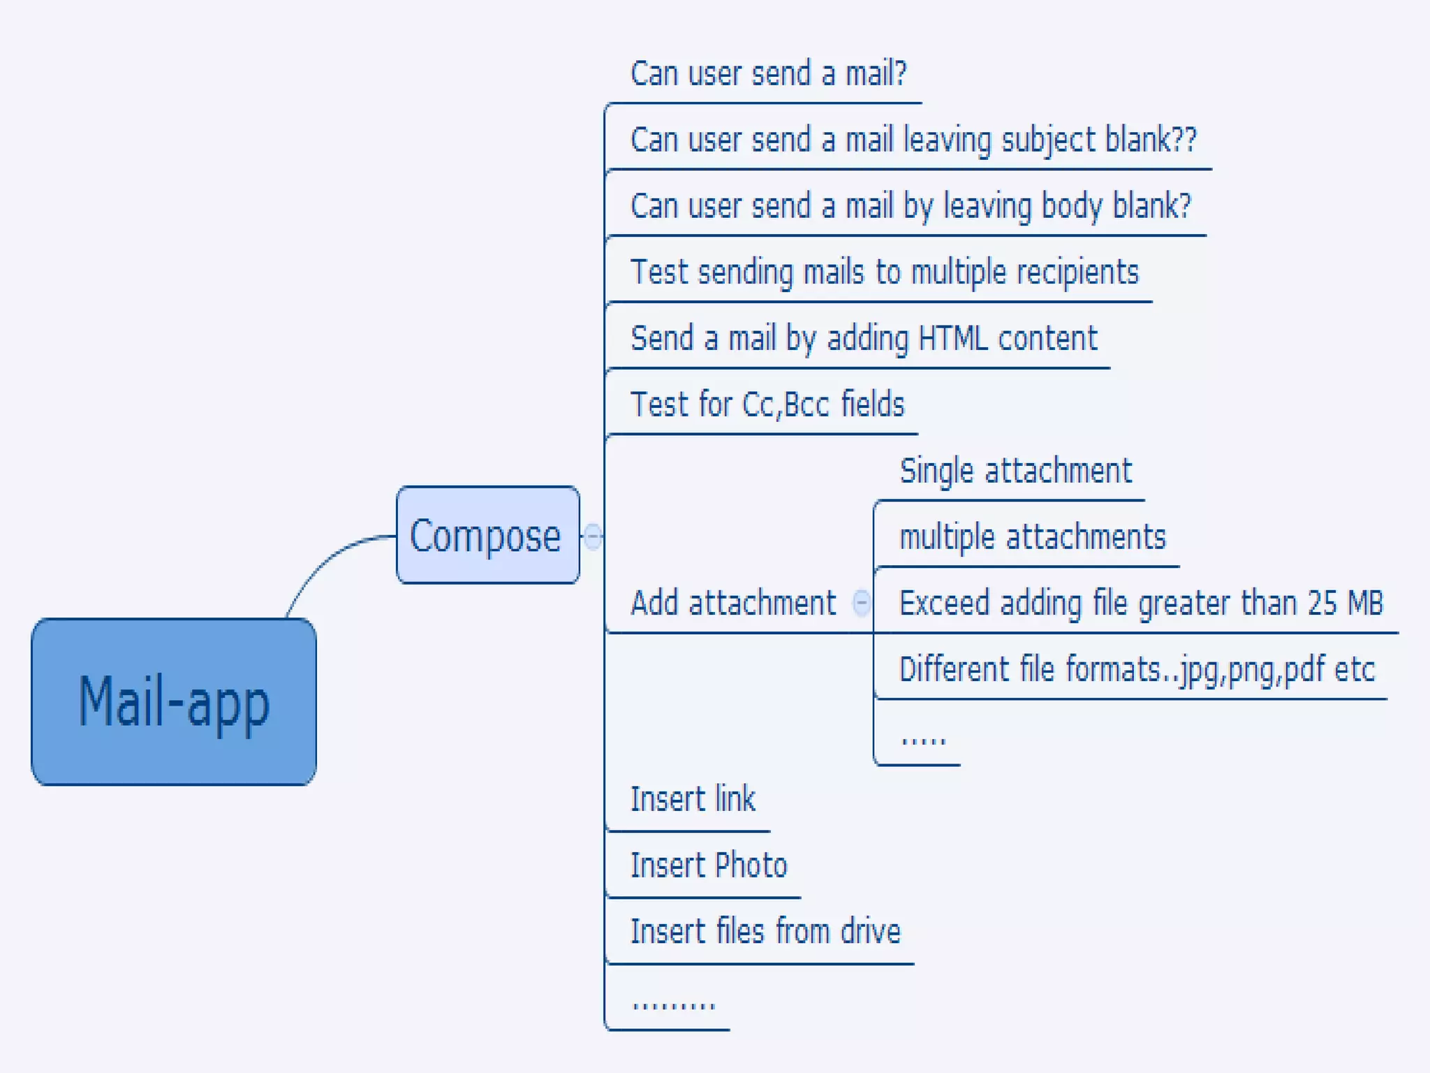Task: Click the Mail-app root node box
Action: (x=174, y=701)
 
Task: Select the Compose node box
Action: (x=487, y=535)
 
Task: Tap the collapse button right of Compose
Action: (x=593, y=536)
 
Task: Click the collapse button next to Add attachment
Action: (x=862, y=602)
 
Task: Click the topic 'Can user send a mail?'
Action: (x=768, y=73)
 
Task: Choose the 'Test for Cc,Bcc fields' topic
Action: (x=767, y=404)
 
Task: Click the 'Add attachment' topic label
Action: (x=733, y=603)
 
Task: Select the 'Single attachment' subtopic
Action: (x=1015, y=471)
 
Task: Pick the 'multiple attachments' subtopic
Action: (x=1032, y=537)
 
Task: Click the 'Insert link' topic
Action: (x=693, y=799)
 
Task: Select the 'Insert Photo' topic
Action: (x=708, y=866)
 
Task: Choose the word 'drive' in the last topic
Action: (x=870, y=931)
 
